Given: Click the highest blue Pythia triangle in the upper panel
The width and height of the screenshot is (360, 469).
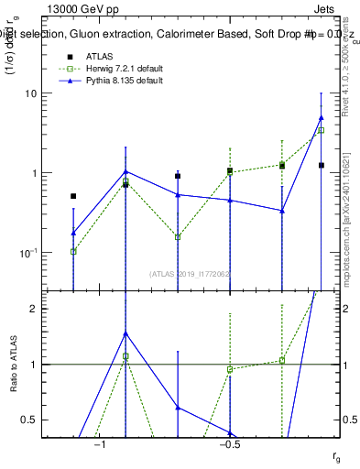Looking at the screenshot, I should tap(321, 117).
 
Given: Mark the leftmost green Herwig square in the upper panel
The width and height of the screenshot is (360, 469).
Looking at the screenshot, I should tap(73, 251).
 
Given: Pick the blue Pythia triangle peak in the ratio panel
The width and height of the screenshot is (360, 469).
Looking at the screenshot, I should tap(125, 333).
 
